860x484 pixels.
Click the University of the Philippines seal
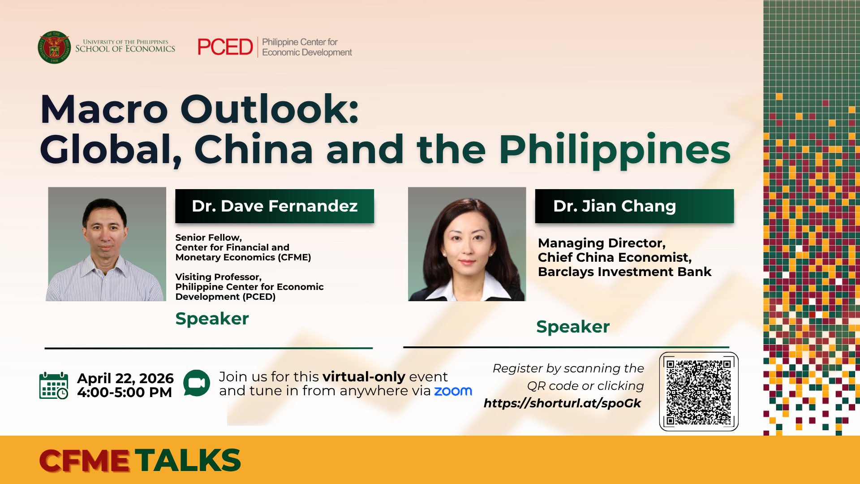coord(54,47)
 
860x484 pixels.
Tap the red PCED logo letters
coord(225,47)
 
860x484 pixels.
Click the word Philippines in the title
coord(615,150)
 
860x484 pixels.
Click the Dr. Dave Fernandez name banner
coord(274,206)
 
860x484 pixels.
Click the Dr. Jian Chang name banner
coord(634,206)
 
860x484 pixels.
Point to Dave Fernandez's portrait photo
coord(107,244)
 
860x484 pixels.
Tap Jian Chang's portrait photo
coord(467,244)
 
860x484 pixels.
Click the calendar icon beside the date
coord(54,385)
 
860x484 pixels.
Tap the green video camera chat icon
coord(196,383)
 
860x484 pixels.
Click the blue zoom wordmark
coord(453,391)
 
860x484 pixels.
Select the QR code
coord(698,392)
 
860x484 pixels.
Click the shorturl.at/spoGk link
coord(562,403)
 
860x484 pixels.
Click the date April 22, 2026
coord(125,378)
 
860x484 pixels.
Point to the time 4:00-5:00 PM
coord(125,393)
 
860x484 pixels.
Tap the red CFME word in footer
coord(84,461)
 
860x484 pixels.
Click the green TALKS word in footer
coord(188,461)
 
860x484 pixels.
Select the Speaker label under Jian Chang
coord(572,327)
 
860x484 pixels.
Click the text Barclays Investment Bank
coord(624,272)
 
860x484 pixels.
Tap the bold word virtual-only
coord(363,377)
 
